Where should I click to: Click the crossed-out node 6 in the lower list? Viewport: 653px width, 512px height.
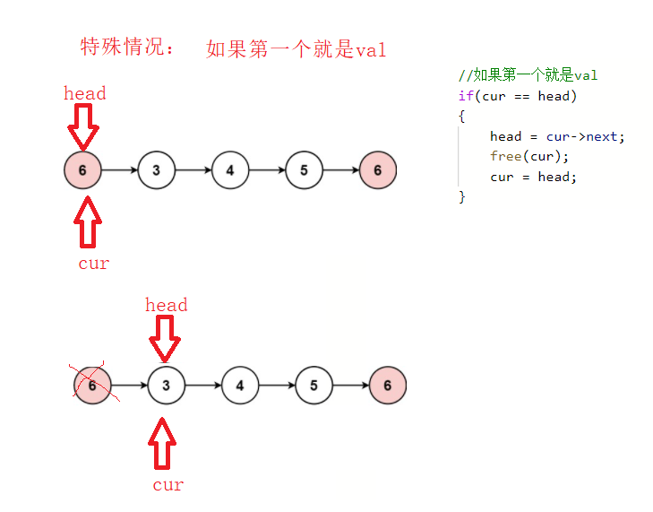point(92,386)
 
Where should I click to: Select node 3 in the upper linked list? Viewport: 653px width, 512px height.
point(157,170)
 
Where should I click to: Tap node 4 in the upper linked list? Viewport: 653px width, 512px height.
point(230,170)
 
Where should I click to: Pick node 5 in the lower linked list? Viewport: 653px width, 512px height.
point(314,386)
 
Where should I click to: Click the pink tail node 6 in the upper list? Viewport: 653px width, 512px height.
point(377,170)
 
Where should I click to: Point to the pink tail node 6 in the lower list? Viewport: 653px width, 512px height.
point(387,386)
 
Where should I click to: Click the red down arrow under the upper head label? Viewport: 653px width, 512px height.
point(84,126)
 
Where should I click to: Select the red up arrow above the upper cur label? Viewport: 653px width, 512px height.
point(88,222)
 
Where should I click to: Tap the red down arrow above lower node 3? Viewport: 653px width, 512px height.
point(165,338)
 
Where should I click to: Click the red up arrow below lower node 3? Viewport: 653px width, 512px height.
point(163,443)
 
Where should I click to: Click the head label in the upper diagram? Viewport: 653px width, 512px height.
point(84,93)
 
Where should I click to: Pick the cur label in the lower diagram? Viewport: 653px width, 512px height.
point(168,485)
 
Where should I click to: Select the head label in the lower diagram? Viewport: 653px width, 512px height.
point(167,305)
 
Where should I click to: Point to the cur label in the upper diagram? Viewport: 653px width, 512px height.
point(93,264)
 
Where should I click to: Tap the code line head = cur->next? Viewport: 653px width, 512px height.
point(557,136)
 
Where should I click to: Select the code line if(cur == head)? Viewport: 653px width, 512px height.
point(517,96)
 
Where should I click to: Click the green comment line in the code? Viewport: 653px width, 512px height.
point(528,75)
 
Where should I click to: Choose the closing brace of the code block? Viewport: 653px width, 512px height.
point(462,196)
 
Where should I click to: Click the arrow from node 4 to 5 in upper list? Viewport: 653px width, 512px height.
point(267,170)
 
